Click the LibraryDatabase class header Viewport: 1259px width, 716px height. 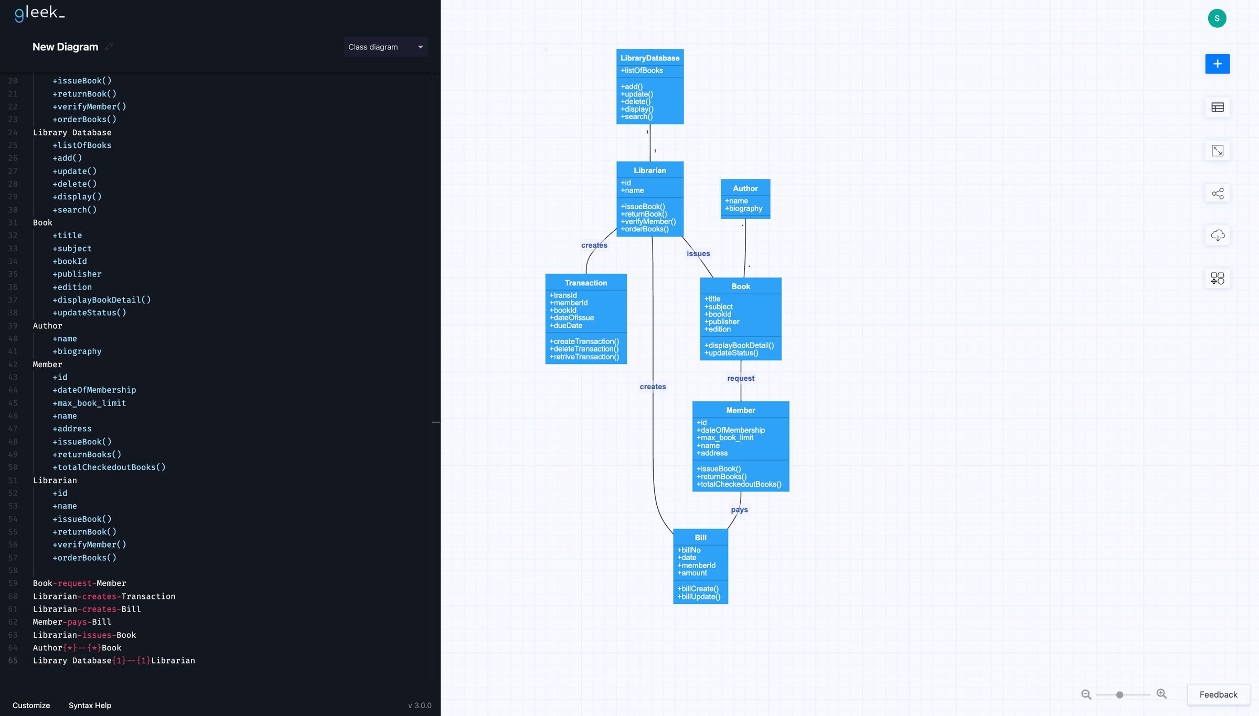pyautogui.click(x=649, y=58)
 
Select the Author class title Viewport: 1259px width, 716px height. pyautogui.click(x=745, y=188)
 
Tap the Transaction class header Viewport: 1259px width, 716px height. pyautogui.click(x=585, y=283)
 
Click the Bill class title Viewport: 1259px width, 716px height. pyautogui.click(x=700, y=538)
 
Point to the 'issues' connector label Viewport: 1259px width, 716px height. pyautogui.click(x=698, y=254)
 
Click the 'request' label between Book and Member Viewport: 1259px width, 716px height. pyautogui.click(x=740, y=378)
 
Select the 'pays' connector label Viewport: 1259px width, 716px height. pyautogui.click(x=739, y=510)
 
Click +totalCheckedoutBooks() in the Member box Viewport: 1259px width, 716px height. pyautogui.click(x=739, y=484)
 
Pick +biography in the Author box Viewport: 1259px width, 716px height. pyautogui.click(x=743, y=209)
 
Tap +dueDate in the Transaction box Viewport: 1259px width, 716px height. pyautogui.click(x=566, y=326)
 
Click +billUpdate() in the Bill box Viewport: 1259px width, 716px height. pyautogui.click(x=699, y=597)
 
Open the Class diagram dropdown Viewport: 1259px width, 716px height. pyautogui.click(x=386, y=47)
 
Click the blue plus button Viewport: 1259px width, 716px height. pyautogui.click(x=1217, y=64)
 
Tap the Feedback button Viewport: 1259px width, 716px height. pyautogui.click(x=1218, y=694)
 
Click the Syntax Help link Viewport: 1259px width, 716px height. pyautogui.click(x=90, y=706)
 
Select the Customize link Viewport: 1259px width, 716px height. pyautogui.click(x=31, y=706)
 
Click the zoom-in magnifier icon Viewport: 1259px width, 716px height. pyautogui.click(x=1161, y=694)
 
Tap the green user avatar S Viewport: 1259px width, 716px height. pyautogui.click(x=1217, y=18)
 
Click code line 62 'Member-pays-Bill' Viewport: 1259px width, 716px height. pyautogui.click(x=72, y=622)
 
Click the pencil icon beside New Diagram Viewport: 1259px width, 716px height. pyautogui.click(x=109, y=47)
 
